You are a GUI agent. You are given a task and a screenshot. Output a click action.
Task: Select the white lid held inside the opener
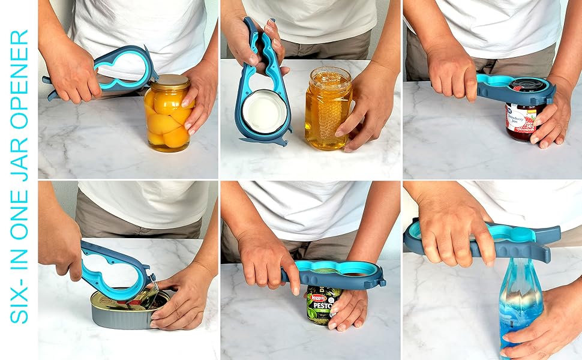click(x=264, y=111)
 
